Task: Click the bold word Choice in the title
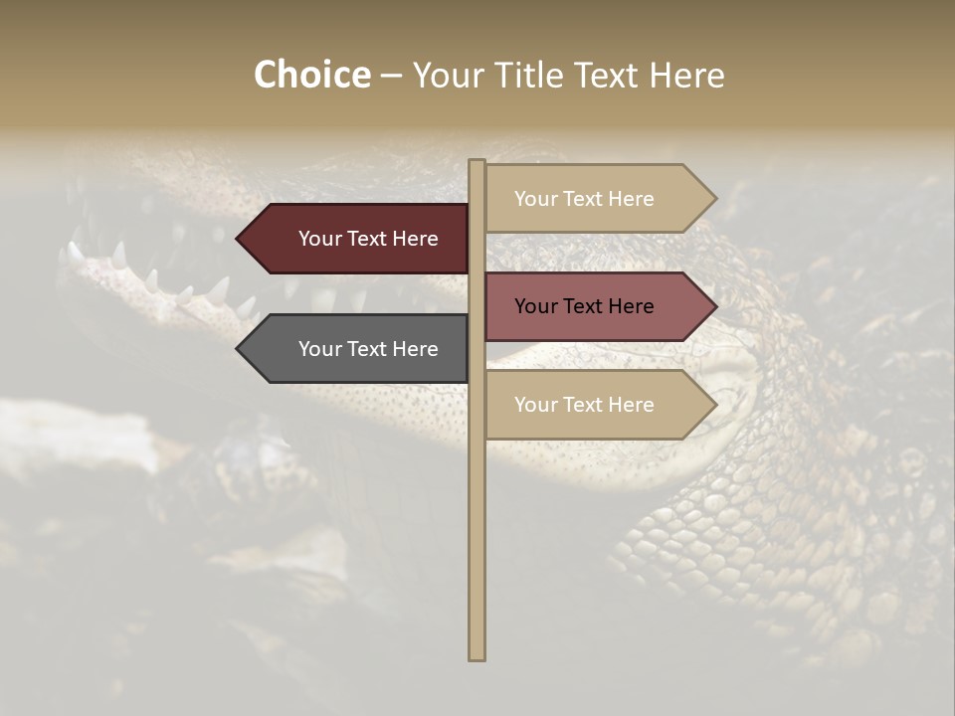(311, 76)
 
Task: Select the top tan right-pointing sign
(587, 199)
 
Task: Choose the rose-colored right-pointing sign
(587, 306)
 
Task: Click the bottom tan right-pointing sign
(587, 405)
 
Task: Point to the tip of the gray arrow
(239, 349)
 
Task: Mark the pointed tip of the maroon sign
(239, 239)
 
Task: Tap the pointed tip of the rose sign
(714, 306)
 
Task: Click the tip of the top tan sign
(714, 199)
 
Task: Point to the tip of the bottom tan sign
(714, 405)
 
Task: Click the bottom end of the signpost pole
(477, 656)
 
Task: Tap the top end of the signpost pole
(477, 162)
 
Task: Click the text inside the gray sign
(368, 349)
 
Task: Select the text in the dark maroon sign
(368, 239)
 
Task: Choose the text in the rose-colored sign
(584, 306)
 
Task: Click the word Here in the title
(687, 76)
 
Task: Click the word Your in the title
(447, 76)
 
